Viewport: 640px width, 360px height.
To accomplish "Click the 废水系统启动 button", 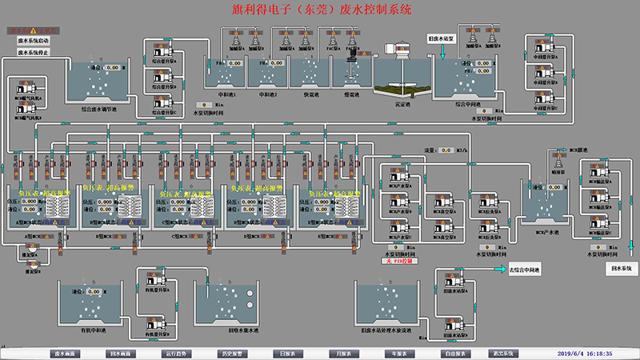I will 34,38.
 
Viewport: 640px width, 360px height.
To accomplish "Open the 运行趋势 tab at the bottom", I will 178,353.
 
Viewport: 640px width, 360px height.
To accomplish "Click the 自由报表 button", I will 454,353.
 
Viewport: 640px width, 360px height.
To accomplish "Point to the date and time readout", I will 596,353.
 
